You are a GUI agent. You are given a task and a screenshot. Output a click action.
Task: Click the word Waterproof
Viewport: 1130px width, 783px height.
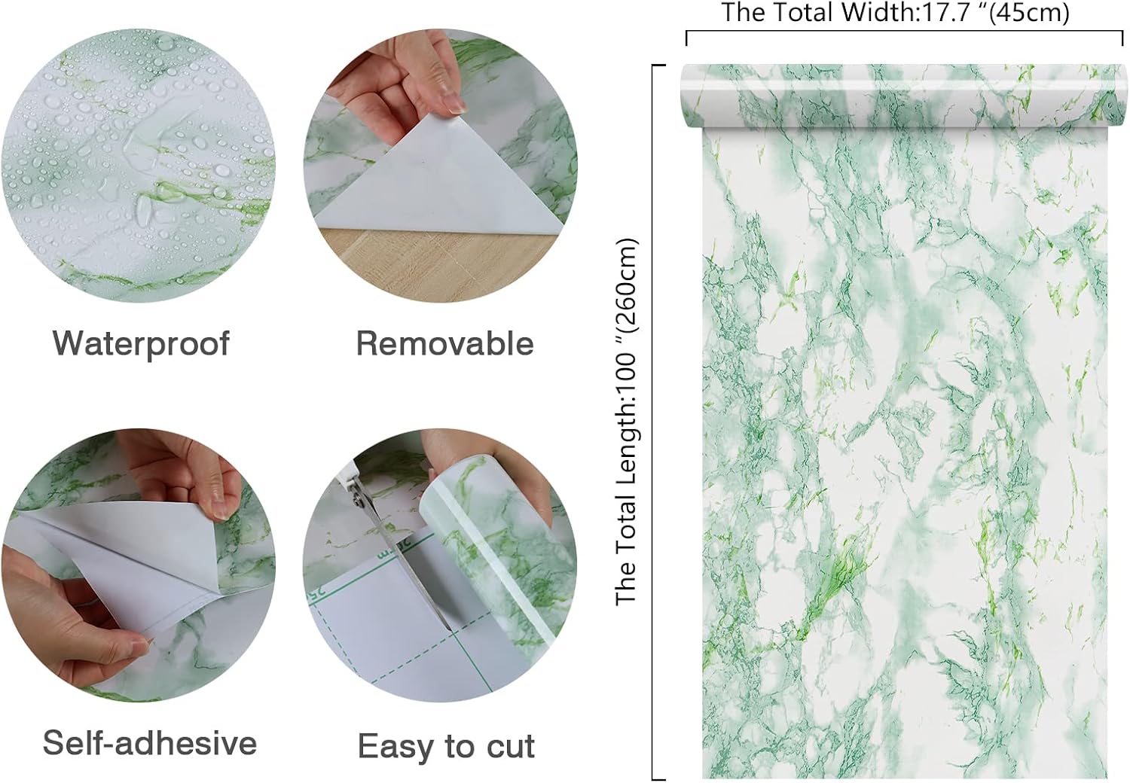142,345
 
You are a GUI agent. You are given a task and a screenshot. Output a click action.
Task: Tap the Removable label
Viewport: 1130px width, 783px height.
445,344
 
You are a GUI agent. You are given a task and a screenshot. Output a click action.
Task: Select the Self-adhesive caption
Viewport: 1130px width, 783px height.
150,742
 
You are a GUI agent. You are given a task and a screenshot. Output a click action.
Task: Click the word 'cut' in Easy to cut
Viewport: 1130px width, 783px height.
511,747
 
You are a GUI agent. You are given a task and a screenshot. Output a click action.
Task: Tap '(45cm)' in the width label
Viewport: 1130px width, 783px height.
1028,13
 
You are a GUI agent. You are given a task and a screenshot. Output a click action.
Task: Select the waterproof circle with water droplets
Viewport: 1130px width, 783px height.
138,166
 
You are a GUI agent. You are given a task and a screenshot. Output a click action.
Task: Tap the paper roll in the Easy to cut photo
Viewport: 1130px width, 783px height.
497,550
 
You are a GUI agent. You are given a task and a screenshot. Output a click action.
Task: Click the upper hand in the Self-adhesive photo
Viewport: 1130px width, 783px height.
187,474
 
